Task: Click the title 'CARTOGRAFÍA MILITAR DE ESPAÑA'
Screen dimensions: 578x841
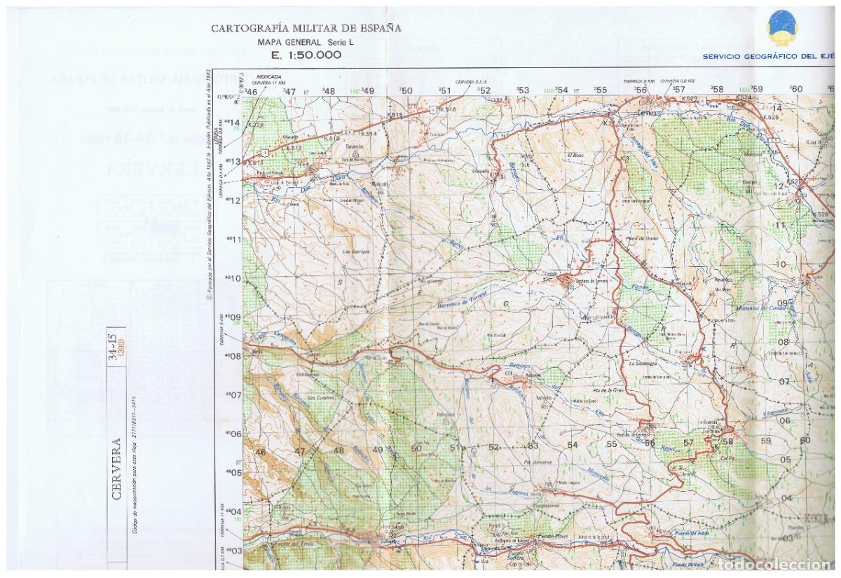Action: (x=306, y=29)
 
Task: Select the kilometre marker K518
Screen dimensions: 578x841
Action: (x=449, y=109)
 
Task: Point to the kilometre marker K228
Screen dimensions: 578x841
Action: (x=257, y=125)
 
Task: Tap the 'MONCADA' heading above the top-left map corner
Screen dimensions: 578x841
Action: (x=268, y=76)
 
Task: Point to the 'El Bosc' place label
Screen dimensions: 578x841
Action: (x=575, y=155)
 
